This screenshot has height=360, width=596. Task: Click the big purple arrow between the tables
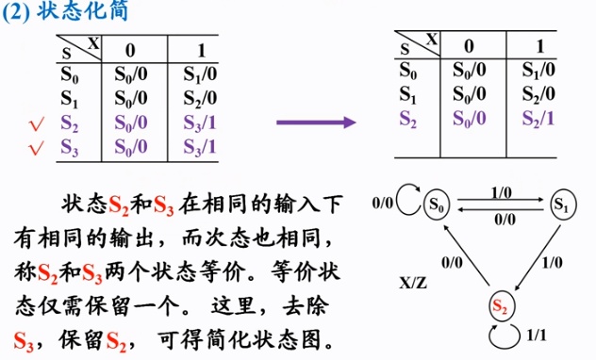[x=315, y=122]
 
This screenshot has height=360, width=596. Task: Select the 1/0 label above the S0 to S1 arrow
[x=501, y=191]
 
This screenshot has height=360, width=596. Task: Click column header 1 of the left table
[x=199, y=47]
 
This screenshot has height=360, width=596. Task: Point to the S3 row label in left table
[x=70, y=146]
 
